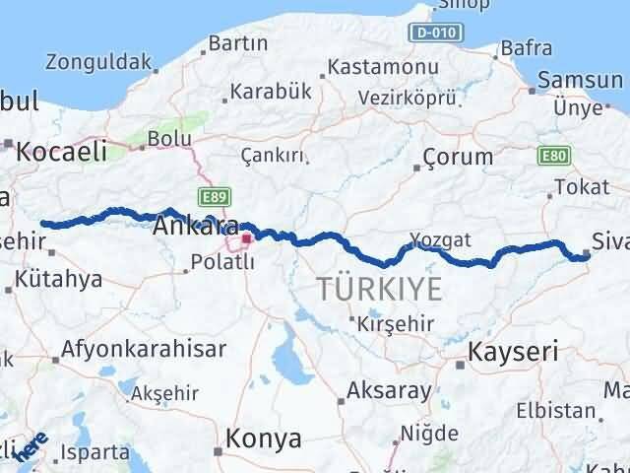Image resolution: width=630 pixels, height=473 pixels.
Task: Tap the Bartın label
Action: pos(239,43)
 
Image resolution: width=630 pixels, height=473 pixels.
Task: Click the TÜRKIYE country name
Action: pos(377,289)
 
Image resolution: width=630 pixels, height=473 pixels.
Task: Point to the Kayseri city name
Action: pos(513,351)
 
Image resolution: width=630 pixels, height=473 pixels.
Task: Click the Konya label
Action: pos(264,439)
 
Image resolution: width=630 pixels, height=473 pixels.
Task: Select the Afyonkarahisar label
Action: pos(144,349)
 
